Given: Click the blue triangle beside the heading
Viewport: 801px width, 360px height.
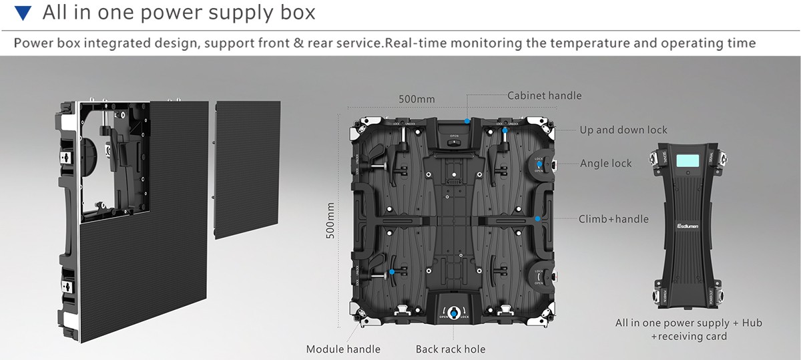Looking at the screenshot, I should point(23,13).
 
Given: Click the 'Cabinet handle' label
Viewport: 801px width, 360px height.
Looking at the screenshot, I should point(544,96).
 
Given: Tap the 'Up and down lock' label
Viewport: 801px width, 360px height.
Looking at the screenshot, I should point(623,130).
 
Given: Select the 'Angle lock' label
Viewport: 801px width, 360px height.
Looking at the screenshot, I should point(605,163).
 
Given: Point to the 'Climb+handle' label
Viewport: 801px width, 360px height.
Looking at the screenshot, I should point(613,218).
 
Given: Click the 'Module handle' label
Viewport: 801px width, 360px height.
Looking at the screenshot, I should point(343,349).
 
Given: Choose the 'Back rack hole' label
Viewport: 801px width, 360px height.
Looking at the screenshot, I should point(451,349).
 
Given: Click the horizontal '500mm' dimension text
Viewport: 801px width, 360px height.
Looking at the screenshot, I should point(417,100).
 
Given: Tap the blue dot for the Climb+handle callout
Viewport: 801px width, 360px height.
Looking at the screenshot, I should point(537,218).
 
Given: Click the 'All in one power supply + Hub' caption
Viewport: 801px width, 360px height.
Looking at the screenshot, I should point(688,323).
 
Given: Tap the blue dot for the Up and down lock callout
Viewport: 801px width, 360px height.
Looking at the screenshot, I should point(506,130).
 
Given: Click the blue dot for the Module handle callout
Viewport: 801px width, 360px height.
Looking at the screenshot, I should point(392,272).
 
